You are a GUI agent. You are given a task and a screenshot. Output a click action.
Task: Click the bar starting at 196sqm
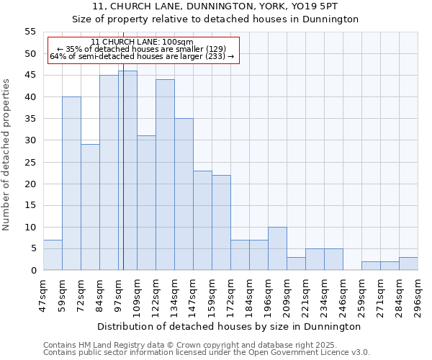277,248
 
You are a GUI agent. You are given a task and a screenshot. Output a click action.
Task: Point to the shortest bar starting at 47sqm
53,255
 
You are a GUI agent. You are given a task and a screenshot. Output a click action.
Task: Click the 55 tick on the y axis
30,32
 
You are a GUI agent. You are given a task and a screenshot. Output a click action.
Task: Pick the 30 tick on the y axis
30,140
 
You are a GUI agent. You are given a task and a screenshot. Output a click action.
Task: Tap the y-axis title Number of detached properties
6,154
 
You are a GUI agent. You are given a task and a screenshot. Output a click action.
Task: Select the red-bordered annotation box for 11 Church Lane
143,49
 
